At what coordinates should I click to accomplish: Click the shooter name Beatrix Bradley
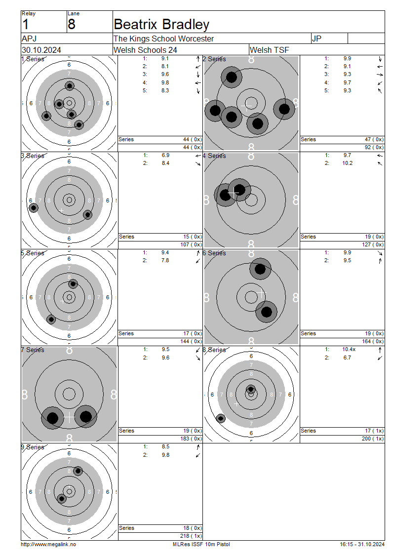[161, 24]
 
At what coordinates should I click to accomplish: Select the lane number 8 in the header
[72, 24]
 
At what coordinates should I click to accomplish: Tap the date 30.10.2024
[41, 50]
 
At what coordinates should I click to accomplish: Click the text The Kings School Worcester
[164, 39]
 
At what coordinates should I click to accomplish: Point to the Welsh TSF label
[270, 50]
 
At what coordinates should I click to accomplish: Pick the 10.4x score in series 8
[349, 350]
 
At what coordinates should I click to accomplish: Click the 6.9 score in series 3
[165, 155]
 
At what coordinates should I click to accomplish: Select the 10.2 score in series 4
[348, 163]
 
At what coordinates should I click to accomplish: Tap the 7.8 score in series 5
[165, 260]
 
